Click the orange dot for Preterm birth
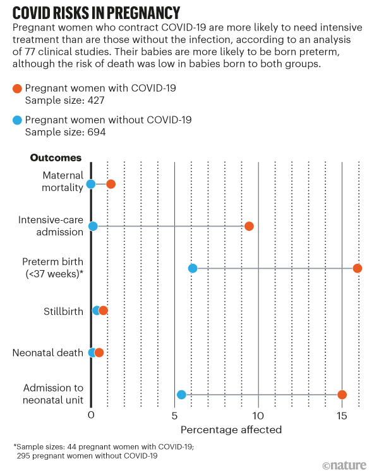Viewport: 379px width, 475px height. point(358,268)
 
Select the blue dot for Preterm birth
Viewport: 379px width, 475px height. point(193,268)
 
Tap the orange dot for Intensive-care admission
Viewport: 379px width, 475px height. point(249,226)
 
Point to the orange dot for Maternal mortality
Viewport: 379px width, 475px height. point(111,184)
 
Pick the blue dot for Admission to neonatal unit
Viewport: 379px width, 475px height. point(181,395)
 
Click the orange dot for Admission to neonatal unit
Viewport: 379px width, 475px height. point(342,395)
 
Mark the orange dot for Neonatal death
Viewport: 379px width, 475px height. point(99,352)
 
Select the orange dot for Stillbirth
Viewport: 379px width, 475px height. point(104,310)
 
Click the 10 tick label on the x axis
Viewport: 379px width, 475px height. point(258,416)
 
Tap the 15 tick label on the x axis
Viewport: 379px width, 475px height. point(342,416)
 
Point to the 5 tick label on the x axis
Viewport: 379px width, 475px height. point(174,416)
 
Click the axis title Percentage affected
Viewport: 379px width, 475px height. point(231,429)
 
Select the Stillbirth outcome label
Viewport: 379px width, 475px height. point(63,311)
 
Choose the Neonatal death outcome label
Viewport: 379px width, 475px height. point(48,353)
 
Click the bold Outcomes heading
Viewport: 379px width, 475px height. point(56,157)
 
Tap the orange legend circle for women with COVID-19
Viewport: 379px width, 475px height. point(17,89)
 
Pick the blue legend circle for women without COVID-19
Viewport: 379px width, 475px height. point(17,120)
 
